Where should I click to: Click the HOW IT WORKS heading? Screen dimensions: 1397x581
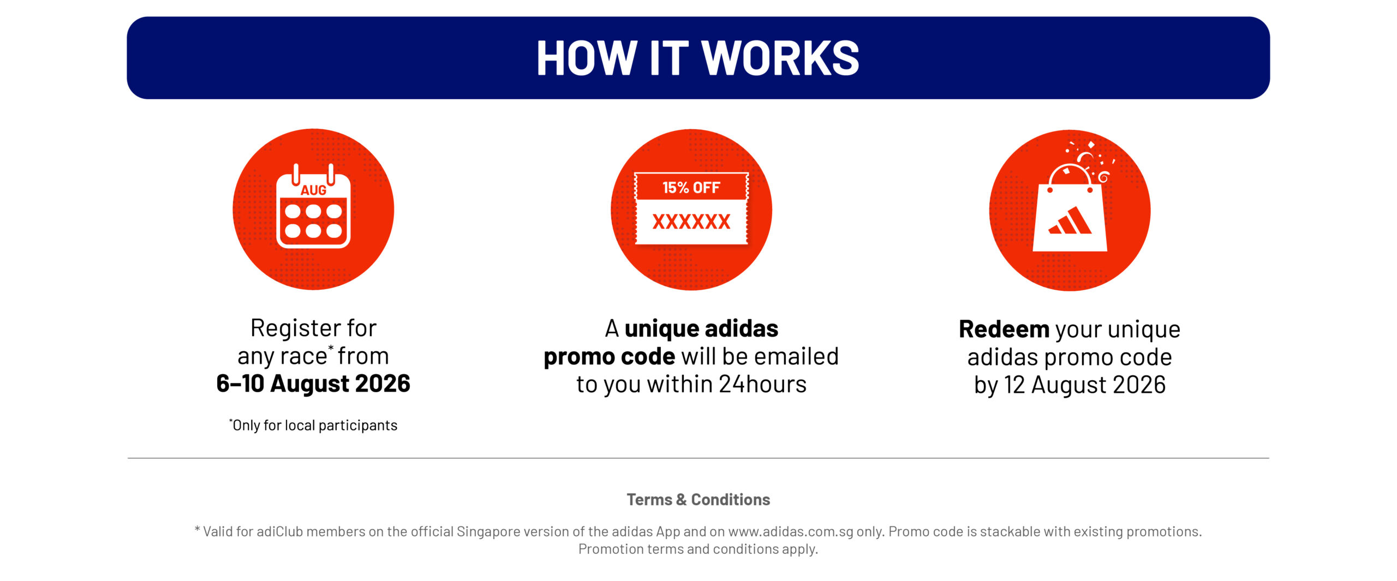pos(698,58)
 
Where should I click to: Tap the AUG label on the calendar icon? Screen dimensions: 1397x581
pos(314,190)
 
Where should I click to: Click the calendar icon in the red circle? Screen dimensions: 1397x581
pos(313,206)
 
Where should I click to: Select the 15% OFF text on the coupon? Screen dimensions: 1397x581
pos(691,188)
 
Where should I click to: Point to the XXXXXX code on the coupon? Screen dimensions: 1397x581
pos(691,221)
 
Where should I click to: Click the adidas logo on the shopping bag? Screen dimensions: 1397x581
pos(1070,220)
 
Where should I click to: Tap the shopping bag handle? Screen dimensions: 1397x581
pos(1070,175)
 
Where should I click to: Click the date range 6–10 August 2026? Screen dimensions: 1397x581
pos(313,384)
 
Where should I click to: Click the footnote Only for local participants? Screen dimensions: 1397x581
pos(313,425)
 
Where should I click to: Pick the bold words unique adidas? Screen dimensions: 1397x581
pos(701,328)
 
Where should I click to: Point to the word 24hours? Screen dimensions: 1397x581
pos(762,384)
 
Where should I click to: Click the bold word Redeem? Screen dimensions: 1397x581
pos(1004,329)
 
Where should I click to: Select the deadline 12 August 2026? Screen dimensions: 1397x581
pos(1085,385)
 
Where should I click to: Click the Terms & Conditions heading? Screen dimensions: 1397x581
pos(698,499)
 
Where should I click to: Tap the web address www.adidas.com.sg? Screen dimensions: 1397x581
pos(791,531)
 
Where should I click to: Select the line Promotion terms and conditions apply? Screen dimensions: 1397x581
pos(698,549)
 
